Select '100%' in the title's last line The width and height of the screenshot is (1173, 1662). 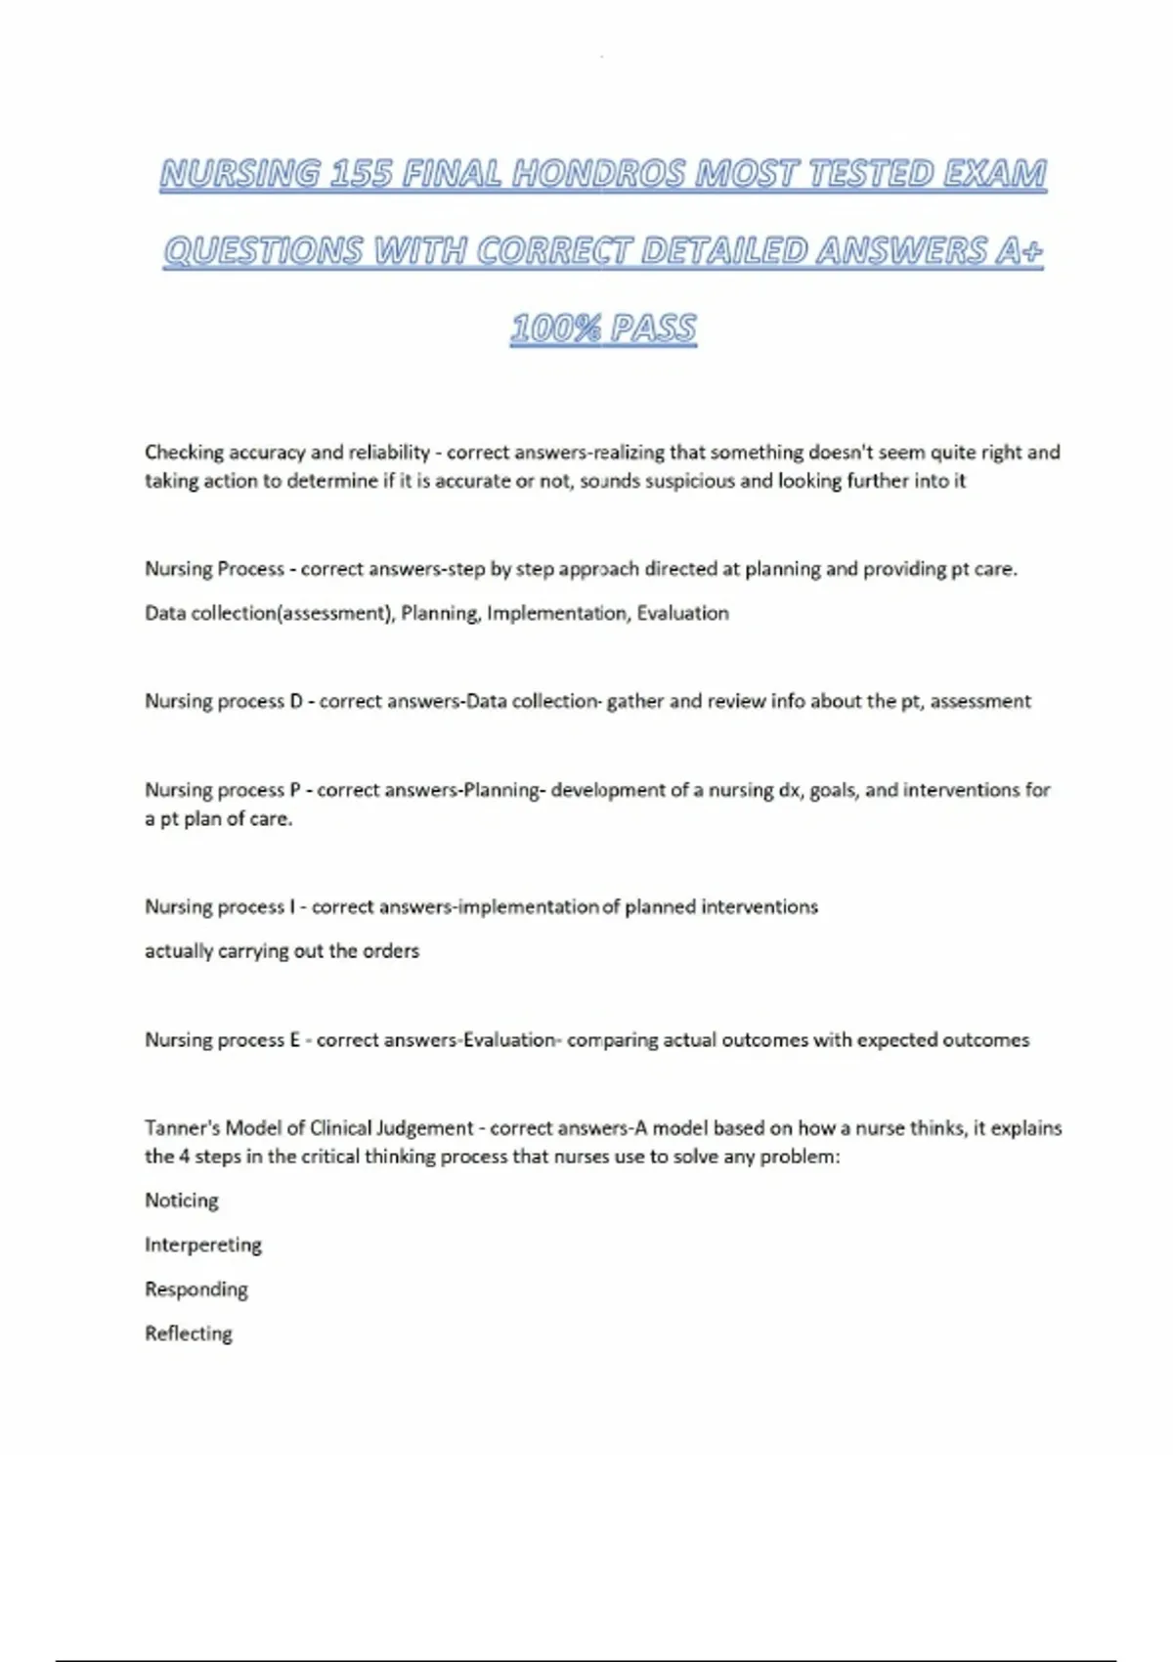click(554, 328)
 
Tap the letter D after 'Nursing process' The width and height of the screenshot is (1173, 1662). click(296, 701)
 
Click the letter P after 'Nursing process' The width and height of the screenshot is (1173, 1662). click(295, 790)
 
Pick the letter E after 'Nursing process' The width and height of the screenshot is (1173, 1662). click(294, 1040)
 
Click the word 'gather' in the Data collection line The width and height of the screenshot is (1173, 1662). click(634, 701)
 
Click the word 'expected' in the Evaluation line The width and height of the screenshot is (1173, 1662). click(896, 1040)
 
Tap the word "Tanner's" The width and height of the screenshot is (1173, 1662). click(182, 1128)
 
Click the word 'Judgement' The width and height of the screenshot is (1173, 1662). click(425, 1128)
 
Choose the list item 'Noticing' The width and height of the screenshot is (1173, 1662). click(182, 1201)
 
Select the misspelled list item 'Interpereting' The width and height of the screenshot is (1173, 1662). click(203, 1246)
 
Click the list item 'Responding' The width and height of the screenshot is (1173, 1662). click(196, 1290)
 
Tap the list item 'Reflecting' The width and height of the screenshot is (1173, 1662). click(189, 1334)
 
